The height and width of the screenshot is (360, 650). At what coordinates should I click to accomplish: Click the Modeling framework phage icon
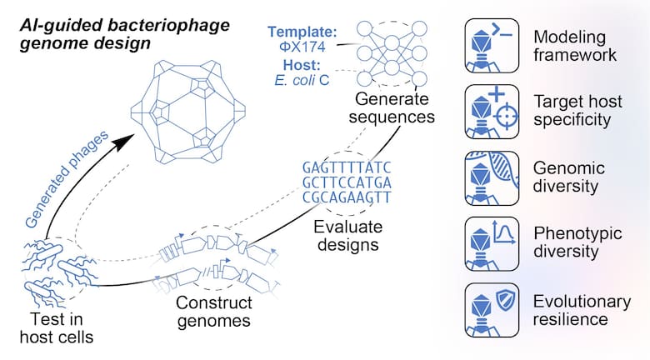click(492, 46)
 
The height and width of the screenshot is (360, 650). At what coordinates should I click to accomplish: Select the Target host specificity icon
click(492, 112)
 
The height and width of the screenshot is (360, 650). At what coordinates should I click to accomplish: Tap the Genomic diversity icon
click(492, 178)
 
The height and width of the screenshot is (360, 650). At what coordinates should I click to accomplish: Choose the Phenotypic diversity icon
click(492, 244)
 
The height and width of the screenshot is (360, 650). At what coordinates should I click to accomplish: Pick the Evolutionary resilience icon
click(492, 310)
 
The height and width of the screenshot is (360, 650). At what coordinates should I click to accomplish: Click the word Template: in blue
click(302, 32)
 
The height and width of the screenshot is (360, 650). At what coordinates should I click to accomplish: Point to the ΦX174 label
click(302, 47)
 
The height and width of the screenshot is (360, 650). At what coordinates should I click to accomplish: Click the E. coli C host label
click(302, 80)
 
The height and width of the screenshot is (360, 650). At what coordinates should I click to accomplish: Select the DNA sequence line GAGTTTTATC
click(347, 167)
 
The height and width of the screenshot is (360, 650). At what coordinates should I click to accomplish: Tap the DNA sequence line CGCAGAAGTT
click(347, 197)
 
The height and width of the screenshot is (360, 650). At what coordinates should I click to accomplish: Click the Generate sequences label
click(392, 107)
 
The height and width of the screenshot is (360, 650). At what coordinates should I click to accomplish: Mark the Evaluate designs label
click(348, 236)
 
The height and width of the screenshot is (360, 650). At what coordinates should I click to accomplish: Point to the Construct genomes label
click(214, 312)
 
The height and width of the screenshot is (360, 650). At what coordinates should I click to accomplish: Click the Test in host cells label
click(57, 328)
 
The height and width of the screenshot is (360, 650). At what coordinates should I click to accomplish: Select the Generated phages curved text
click(67, 179)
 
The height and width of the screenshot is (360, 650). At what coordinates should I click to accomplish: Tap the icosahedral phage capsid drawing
click(187, 112)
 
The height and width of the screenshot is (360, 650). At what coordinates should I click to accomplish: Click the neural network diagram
click(392, 54)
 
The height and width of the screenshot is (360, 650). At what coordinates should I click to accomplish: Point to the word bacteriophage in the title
click(168, 26)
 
